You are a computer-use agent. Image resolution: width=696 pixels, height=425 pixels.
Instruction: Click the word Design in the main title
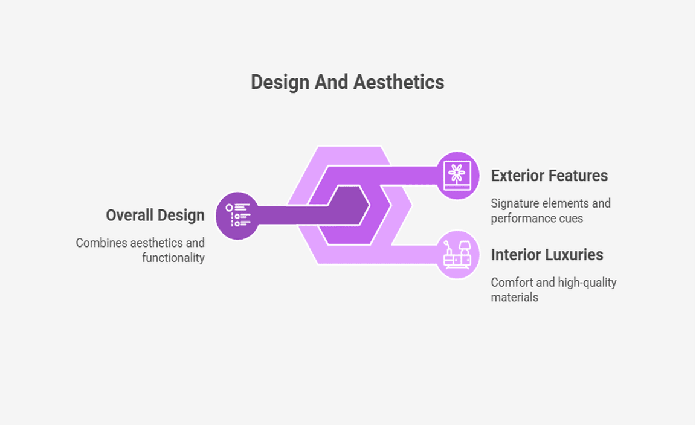pos(280,83)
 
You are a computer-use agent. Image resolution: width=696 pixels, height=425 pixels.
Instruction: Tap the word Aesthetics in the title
pos(399,82)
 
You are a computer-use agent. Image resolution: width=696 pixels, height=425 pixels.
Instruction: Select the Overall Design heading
pos(155,216)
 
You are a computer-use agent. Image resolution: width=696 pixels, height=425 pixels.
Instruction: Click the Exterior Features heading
pos(549,176)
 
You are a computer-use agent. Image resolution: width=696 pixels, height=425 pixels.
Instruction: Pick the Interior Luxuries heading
pos(547,255)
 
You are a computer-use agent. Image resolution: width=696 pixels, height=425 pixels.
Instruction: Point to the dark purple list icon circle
pos(238,216)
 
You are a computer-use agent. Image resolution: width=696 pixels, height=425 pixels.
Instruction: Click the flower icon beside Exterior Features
pos(457,175)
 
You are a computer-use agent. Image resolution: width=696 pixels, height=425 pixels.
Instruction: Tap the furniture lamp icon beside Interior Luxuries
pos(457,255)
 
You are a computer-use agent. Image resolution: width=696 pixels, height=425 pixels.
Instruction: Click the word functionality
pos(173,258)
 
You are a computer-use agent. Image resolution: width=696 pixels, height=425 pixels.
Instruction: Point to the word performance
pos(521,219)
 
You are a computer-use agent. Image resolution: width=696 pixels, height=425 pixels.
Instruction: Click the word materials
pos(515,297)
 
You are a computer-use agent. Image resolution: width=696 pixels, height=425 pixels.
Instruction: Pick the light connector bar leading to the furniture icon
pos(415,255)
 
